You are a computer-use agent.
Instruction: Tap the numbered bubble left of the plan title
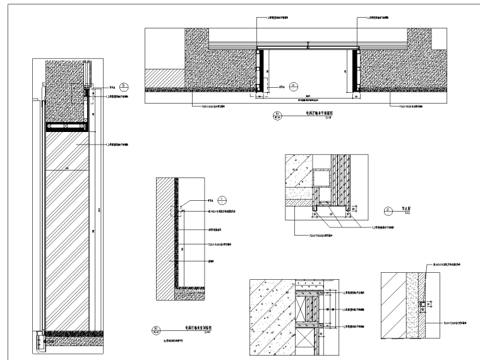click(x=276, y=116)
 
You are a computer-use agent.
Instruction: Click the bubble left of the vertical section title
click(x=156, y=329)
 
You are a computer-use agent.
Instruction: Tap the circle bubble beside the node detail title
click(x=387, y=210)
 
